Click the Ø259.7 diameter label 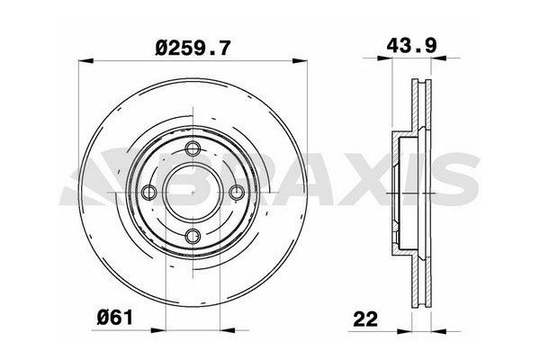click(x=188, y=42)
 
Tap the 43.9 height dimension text click(x=404, y=42)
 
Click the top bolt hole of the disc click(x=192, y=149)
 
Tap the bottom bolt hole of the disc click(x=192, y=236)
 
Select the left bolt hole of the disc click(x=148, y=193)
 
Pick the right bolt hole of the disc click(x=235, y=193)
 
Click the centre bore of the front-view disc click(x=192, y=193)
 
